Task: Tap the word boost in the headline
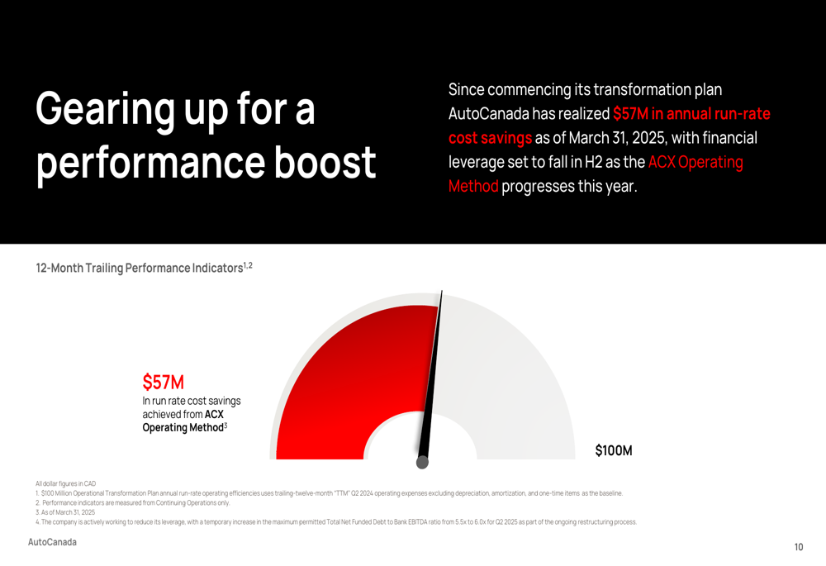click(325, 162)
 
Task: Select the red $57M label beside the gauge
click(164, 382)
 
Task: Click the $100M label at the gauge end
click(614, 450)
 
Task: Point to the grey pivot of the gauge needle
click(422, 463)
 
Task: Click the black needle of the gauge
click(432, 376)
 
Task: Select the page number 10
click(799, 547)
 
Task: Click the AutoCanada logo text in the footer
click(52, 542)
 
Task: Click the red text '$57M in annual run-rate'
click(691, 113)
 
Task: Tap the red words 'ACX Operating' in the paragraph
click(695, 162)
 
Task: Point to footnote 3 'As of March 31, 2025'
click(65, 512)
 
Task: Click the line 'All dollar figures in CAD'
click(66, 483)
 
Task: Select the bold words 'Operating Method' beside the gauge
click(183, 427)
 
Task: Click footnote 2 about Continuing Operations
click(133, 502)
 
